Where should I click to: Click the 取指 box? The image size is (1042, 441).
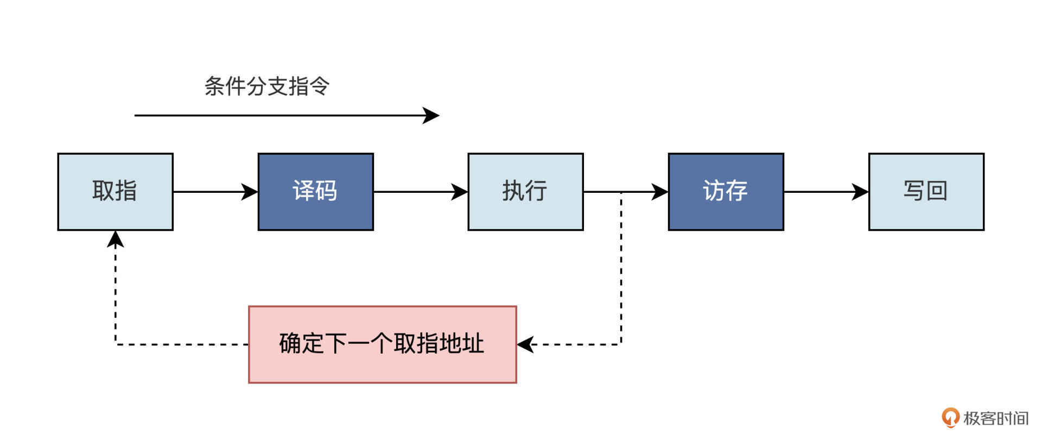(115, 192)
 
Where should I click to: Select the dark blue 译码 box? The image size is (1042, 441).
(315, 192)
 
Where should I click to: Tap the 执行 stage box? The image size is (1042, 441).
(525, 192)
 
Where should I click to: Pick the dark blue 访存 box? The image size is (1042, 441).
(726, 192)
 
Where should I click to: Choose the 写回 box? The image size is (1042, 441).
(926, 192)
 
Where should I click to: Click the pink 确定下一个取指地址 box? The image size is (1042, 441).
(382, 344)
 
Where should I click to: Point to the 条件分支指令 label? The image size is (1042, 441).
(266, 86)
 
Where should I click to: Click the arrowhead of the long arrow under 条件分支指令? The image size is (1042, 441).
(432, 115)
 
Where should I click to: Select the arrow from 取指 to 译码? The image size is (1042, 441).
(215, 192)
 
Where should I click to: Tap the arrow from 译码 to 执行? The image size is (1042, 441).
(420, 192)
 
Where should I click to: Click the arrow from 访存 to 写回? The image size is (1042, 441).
(825, 192)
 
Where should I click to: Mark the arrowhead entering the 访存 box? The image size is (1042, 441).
(660, 192)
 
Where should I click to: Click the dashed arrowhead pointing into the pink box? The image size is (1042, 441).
(525, 344)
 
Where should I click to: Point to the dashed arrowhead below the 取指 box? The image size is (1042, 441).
(115, 238)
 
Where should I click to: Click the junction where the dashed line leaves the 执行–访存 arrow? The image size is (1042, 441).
(621, 192)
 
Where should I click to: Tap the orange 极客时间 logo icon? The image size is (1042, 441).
(950, 417)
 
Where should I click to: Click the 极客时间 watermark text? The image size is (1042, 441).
(996, 418)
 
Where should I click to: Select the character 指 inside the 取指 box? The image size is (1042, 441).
(126, 191)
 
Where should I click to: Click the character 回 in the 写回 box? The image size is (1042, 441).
(937, 191)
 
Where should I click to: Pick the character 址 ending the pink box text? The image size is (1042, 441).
(472, 344)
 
